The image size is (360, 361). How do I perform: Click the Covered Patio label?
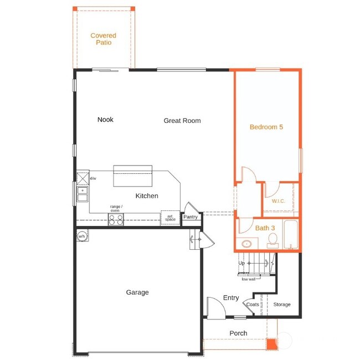pyautogui.click(x=103, y=39)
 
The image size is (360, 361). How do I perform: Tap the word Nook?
pyautogui.click(x=105, y=120)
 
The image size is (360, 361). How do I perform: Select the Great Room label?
pyautogui.click(x=182, y=121)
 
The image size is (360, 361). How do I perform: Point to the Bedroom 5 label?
pyautogui.click(x=266, y=127)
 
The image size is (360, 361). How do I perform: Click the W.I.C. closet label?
pyautogui.click(x=278, y=201)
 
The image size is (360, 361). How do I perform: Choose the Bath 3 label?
pyautogui.click(x=265, y=228)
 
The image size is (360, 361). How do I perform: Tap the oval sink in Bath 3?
pyautogui.click(x=247, y=243)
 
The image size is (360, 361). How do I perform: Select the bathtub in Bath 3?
pyautogui.click(x=291, y=235)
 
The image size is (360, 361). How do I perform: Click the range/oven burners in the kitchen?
pyautogui.click(x=116, y=219)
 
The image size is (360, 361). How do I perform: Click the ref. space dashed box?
pyautogui.click(x=169, y=218)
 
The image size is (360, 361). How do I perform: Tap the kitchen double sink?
pyautogui.click(x=83, y=194)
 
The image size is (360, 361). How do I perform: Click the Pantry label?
pyautogui.click(x=191, y=218)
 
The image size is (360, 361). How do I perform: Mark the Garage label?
pyautogui.click(x=137, y=292)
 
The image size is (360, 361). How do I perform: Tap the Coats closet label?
pyautogui.click(x=253, y=305)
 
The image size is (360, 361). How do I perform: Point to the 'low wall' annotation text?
pyautogui.click(x=248, y=279)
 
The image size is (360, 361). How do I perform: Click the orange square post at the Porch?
pyautogui.click(x=271, y=344)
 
